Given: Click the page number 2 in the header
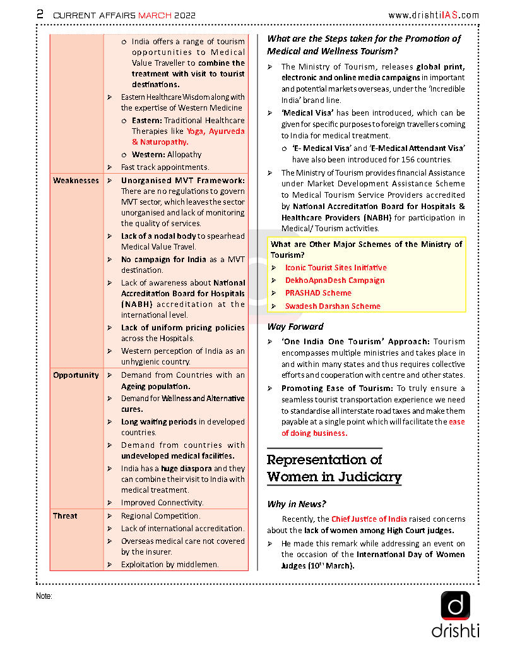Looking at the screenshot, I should tap(40, 14).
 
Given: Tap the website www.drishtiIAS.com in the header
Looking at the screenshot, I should tap(434, 15).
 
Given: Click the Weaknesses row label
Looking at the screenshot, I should tap(76, 181).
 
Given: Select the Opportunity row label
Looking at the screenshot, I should tap(76, 375).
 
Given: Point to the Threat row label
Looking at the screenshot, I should tap(65, 516).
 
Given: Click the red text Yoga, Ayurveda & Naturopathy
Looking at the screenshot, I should tap(188, 137).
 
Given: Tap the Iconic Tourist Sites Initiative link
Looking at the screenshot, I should tap(336, 268).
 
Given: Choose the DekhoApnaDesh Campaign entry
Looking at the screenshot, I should tap(334, 280).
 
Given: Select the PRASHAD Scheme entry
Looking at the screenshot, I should tap(318, 293).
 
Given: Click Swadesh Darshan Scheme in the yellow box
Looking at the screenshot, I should tap(333, 306).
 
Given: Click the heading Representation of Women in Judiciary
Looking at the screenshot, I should tap(334, 468).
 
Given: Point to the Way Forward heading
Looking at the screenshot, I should tap(295, 327).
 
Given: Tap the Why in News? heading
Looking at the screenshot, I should tap(297, 504).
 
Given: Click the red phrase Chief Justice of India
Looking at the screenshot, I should tap(369, 519).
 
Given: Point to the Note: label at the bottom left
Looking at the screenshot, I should tap(44, 596).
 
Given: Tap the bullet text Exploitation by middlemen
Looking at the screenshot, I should tap(170, 565).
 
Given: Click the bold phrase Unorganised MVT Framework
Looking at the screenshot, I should tap(182, 181).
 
